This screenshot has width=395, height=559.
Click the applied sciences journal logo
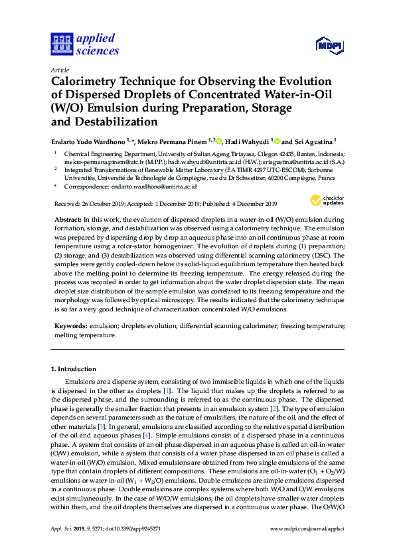point(84,44)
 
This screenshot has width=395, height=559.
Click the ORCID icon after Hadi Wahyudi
point(277,141)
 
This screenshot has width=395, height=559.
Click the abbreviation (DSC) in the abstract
point(321,254)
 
